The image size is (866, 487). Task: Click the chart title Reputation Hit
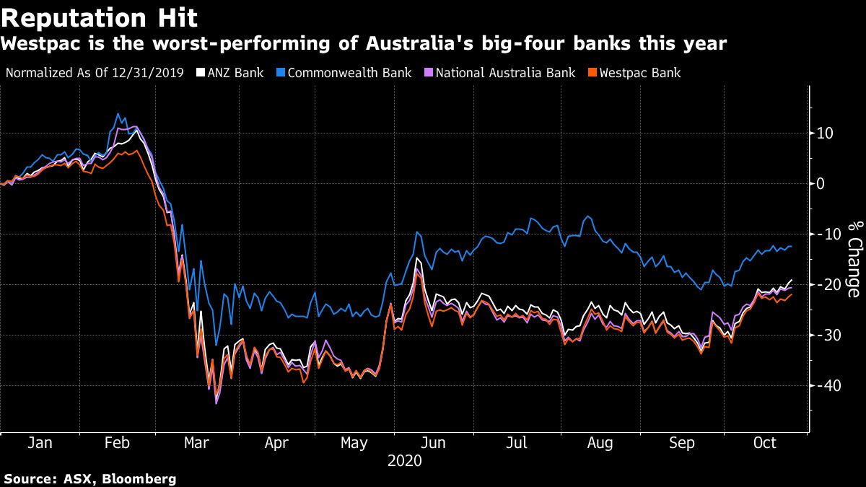[99, 17]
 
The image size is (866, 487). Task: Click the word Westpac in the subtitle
[43, 44]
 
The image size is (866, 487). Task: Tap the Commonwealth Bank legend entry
[349, 73]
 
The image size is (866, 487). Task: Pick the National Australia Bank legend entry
[504, 73]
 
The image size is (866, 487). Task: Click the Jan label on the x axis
[40, 444]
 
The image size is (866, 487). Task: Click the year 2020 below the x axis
[404, 460]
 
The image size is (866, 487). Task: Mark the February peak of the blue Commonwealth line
[118, 114]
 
